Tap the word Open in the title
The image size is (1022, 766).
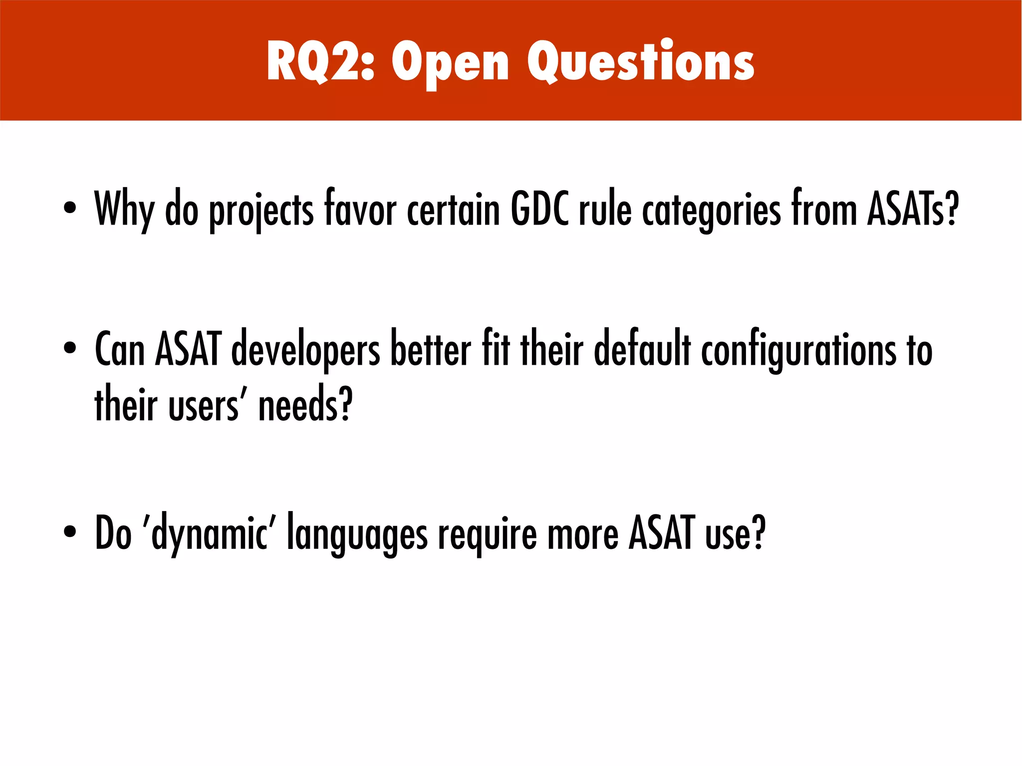click(x=450, y=64)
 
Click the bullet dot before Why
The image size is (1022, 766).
click(x=70, y=208)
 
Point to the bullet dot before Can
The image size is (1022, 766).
click(x=70, y=349)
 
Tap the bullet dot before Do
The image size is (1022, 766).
click(x=70, y=532)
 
